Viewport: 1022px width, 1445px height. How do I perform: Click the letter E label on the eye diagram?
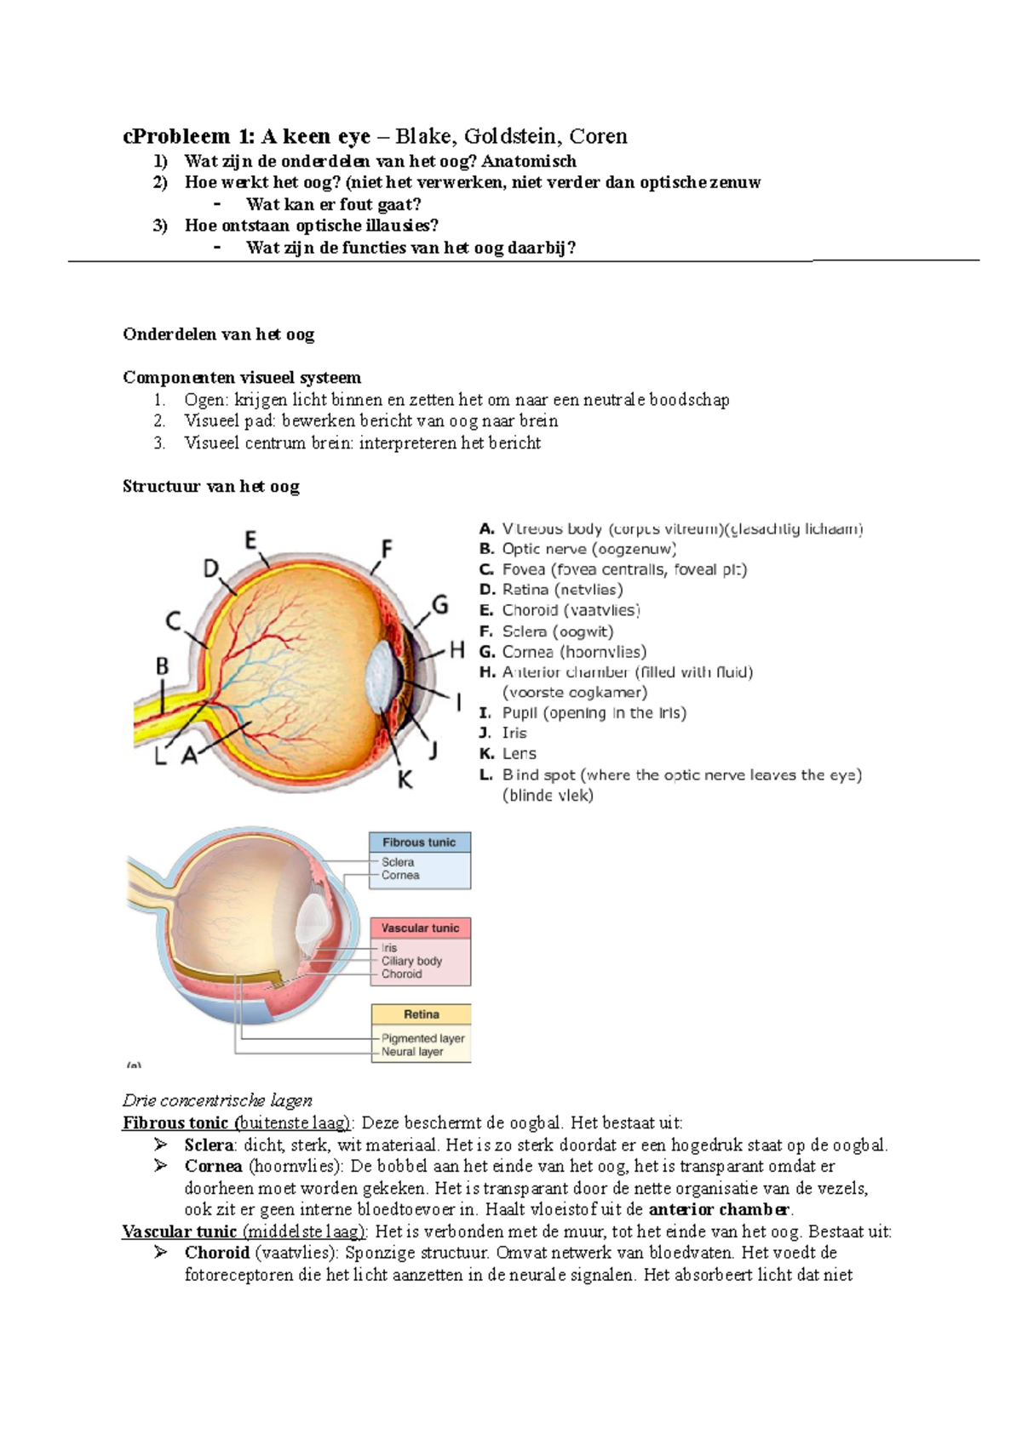tap(251, 540)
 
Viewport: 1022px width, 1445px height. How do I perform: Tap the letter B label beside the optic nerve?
tap(162, 666)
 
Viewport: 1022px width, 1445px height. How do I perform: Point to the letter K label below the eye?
tap(405, 779)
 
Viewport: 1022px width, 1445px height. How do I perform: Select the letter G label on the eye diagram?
tap(440, 605)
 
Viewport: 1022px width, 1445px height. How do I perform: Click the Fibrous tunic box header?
tap(419, 842)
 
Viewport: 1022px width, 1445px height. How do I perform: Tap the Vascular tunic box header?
tap(420, 928)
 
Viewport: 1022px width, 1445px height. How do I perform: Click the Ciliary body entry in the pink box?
tap(411, 961)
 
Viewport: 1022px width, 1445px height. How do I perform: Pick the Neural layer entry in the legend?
tap(412, 1052)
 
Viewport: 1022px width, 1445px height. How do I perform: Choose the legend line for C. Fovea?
tap(613, 569)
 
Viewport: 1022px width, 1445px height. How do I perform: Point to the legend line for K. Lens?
tap(508, 753)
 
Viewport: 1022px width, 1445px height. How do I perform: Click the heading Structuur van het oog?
tap(211, 487)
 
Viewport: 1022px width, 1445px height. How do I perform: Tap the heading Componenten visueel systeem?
tap(242, 378)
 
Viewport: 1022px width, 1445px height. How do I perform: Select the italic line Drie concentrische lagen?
tap(217, 1100)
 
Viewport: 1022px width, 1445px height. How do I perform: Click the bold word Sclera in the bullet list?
tap(209, 1145)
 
